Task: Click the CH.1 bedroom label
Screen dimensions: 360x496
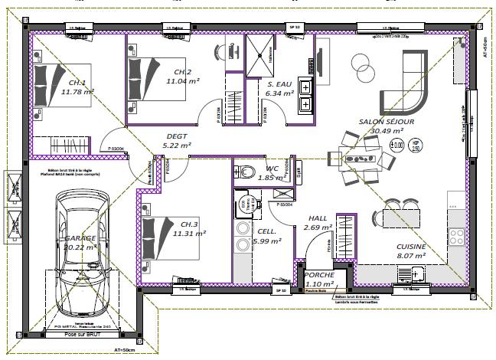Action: [x=77, y=83]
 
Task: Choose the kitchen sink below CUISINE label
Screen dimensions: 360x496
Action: [x=416, y=272]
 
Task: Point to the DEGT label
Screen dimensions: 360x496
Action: [x=177, y=137]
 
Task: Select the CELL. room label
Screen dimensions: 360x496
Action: [x=266, y=231]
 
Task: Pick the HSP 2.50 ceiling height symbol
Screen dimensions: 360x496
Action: [x=416, y=145]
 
